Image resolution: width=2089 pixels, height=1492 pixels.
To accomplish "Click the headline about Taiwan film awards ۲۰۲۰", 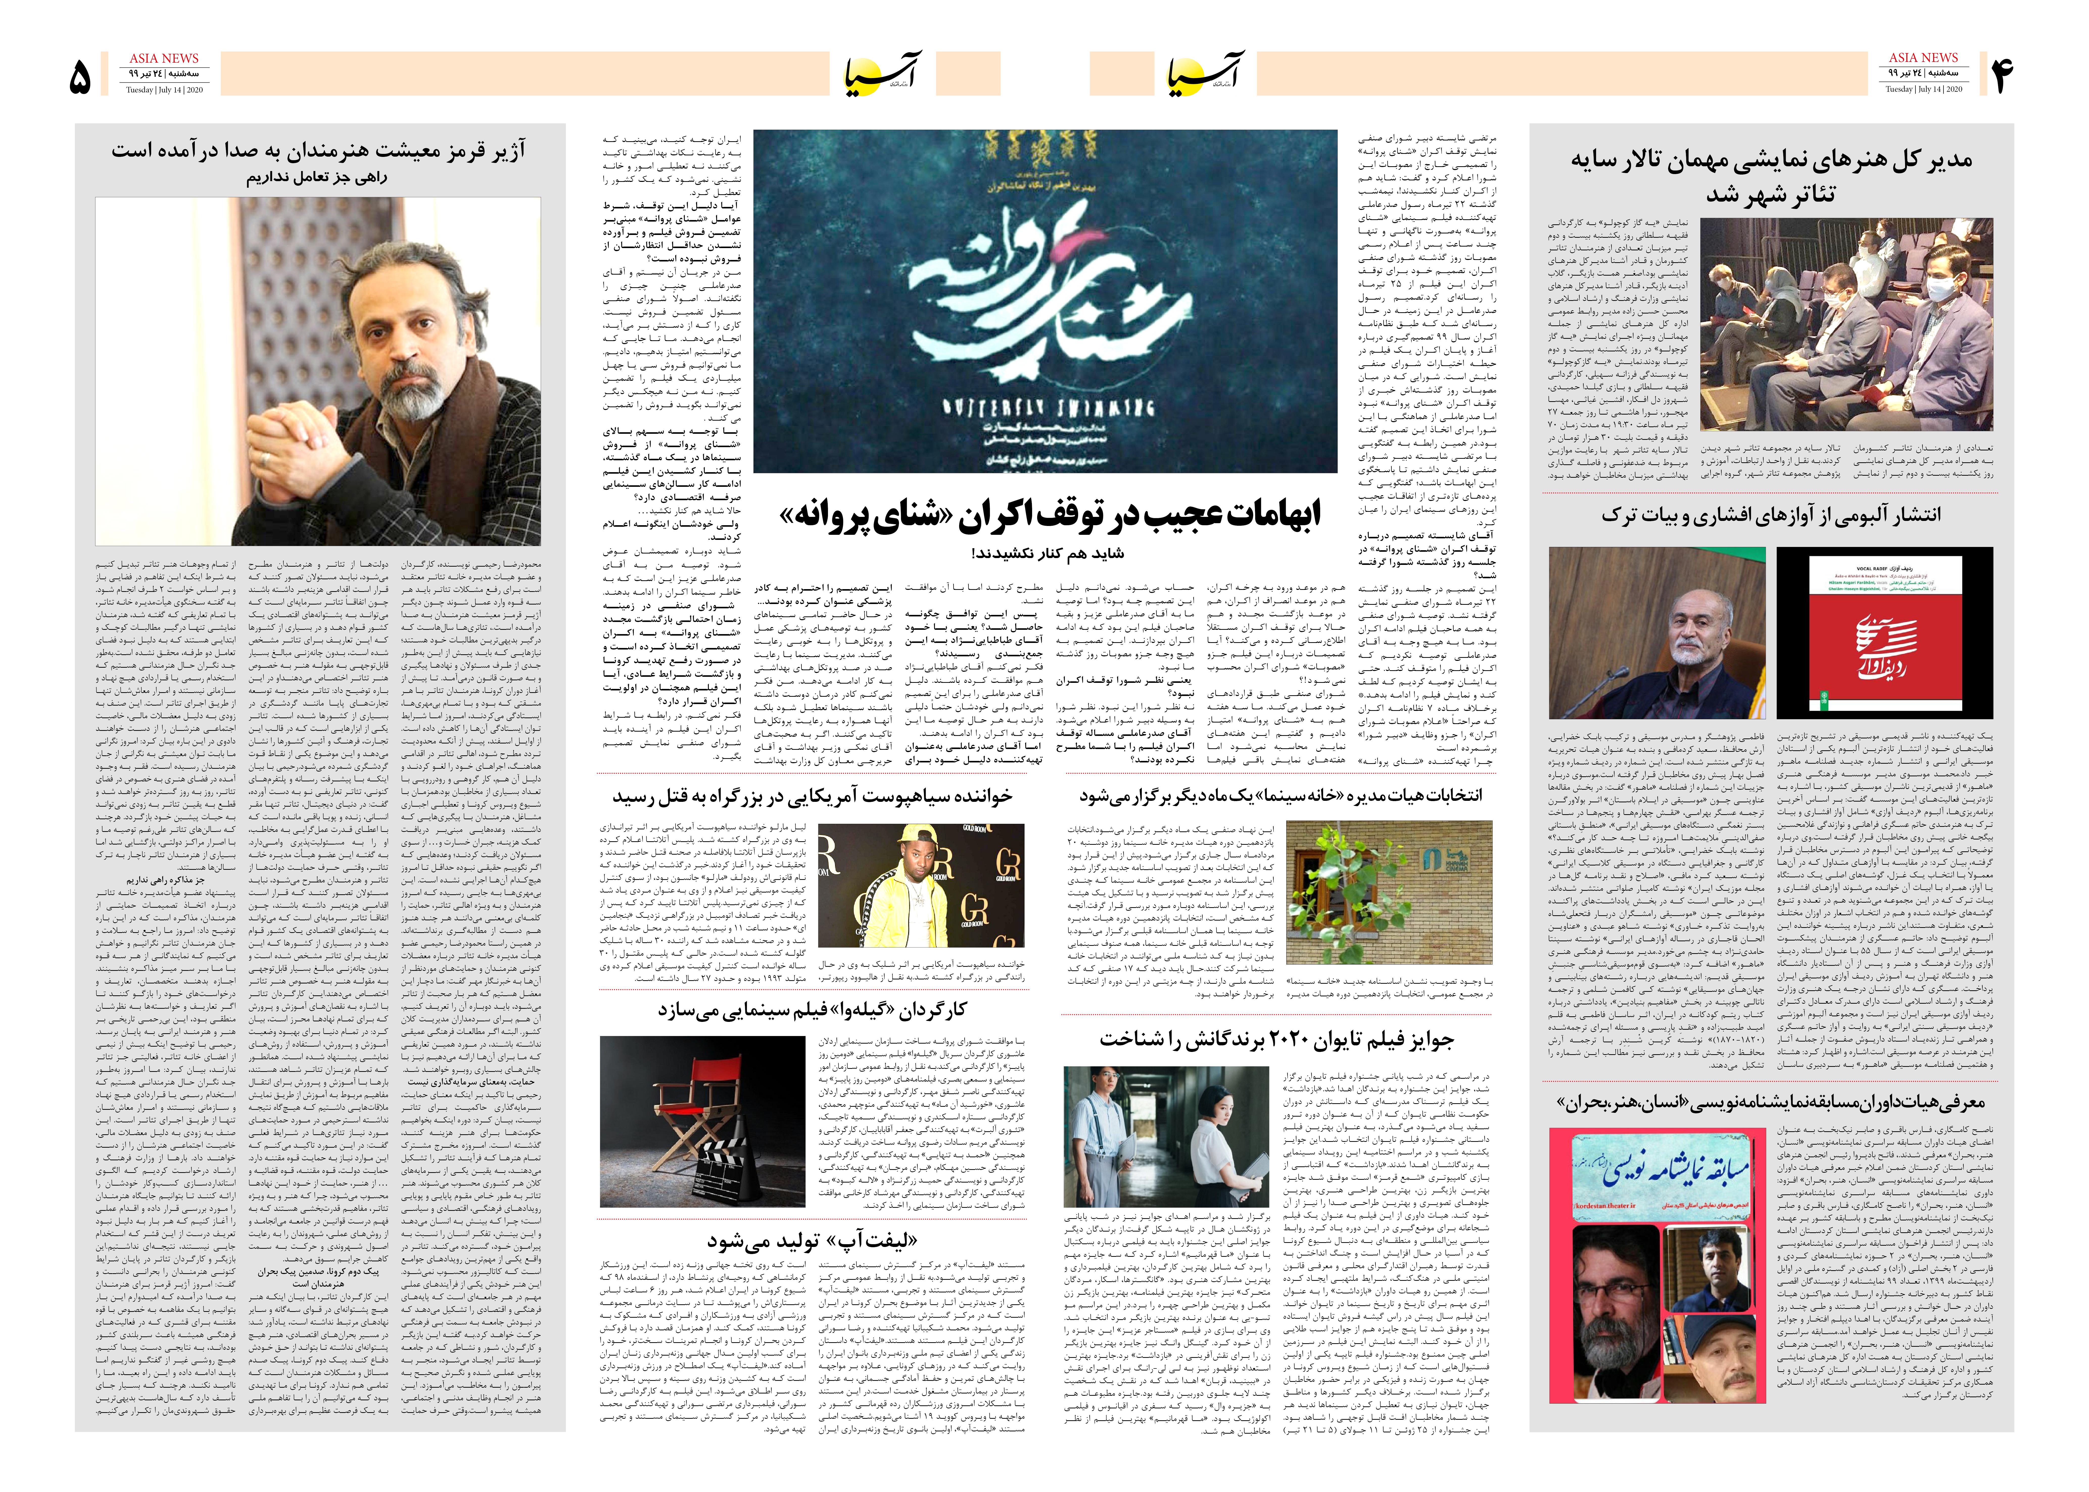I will pyautogui.click(x=1277, y=1039).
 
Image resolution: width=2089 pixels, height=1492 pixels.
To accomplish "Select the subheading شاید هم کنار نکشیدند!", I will pyautogui.click(x=1047, y=553).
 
